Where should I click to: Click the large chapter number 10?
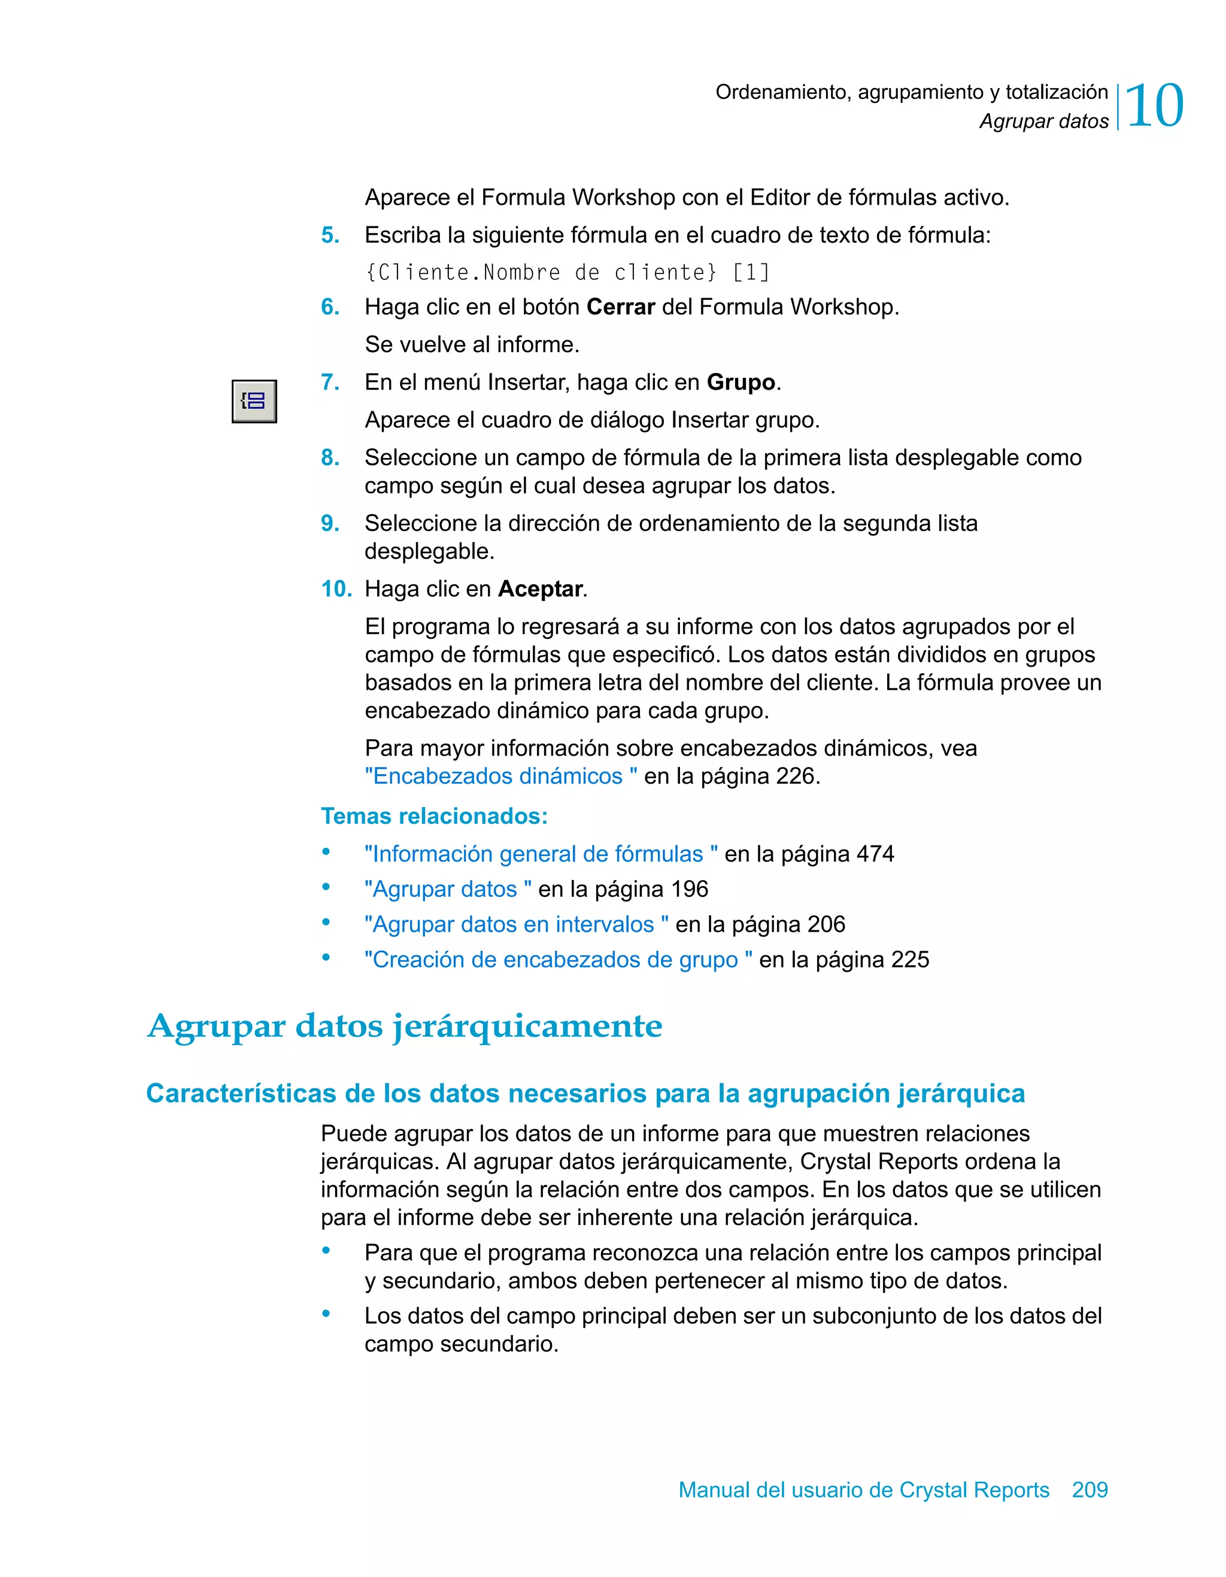click(1154, 106)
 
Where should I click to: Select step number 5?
click(330, 235)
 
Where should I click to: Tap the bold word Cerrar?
click(620, 307)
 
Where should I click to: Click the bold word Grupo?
click(740, 382)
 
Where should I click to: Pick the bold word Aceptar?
click(540, 589)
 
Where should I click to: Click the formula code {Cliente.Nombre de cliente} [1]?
click(568, 272)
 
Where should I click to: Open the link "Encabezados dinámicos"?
click(500, 776)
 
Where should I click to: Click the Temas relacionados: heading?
click(434, 816)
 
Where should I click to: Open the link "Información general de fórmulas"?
click(541, 854)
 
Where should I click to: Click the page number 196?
click(689, 889)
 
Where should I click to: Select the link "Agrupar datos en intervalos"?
click(516, 924)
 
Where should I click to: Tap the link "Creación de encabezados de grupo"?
click(558, 960)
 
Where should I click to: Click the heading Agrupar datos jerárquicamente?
click(404, 1026)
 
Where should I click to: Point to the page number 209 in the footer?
click(1089, 1490)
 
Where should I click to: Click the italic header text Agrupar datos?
click(1043, 122)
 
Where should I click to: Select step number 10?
click(336, 589)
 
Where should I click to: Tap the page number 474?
click(875, 854)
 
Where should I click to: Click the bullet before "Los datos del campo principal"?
click(326, 1314)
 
